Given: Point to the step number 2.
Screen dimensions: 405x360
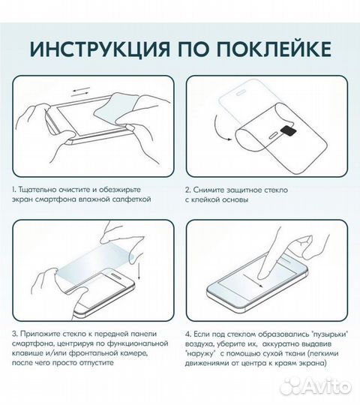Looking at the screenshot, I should click(x=188, y=190).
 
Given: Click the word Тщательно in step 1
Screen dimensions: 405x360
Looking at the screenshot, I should click(x=40, y=190).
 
